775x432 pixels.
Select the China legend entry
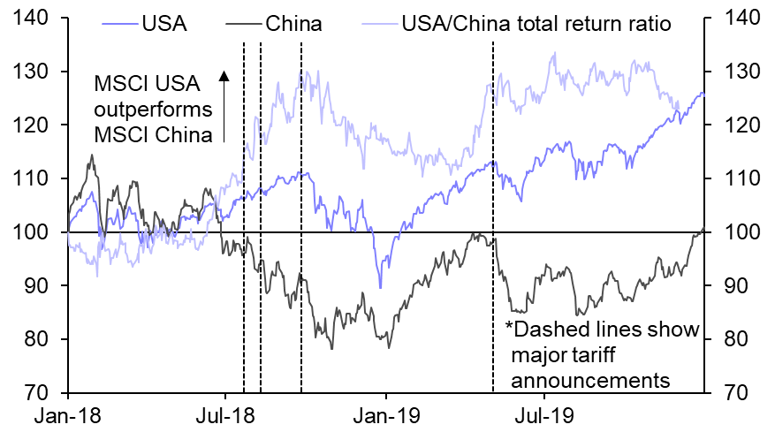[293, 23]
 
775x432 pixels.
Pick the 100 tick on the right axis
[740, 232]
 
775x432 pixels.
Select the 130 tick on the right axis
[740, 72]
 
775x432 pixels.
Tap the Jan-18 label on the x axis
[67, 413]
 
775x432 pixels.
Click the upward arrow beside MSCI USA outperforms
[224, 106]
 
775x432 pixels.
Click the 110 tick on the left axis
[38, 178]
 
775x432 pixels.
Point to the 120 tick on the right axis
[740, 125]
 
